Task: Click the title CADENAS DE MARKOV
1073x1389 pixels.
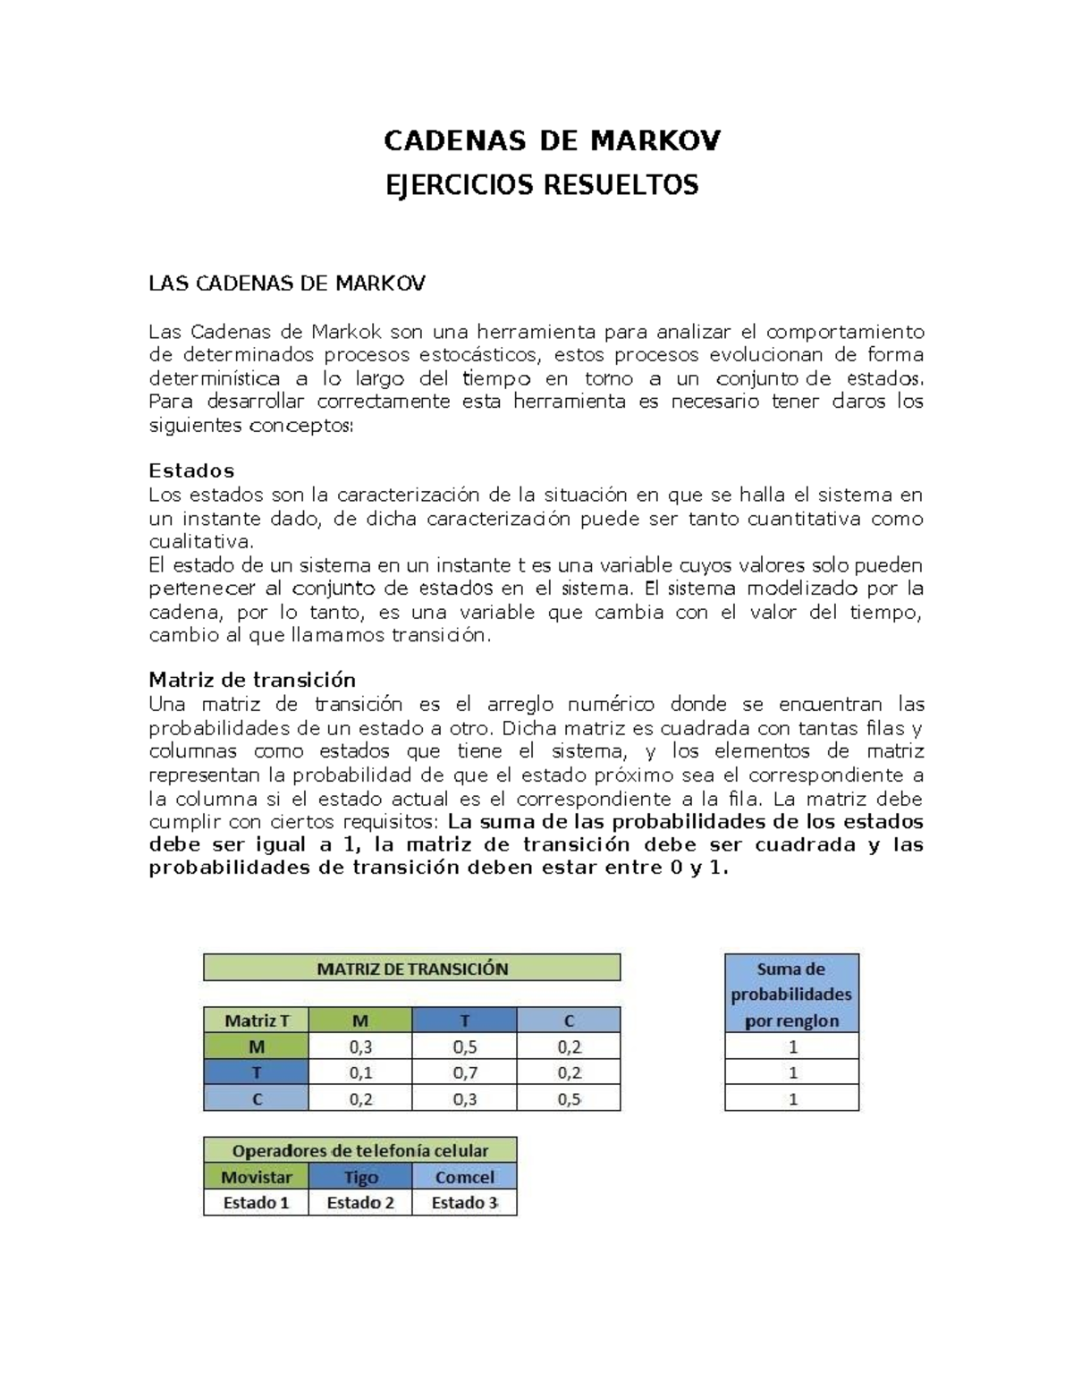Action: coord(552,141)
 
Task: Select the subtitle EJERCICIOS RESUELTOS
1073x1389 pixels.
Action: coord(541,185)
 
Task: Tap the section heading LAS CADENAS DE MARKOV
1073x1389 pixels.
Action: coord(286,284)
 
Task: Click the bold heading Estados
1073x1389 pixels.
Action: coord(191,470)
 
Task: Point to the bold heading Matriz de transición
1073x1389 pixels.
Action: coord(252,680)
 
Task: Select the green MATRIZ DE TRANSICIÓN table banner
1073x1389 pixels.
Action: coord(412,968)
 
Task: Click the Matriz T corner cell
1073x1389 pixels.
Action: coord(256,1021)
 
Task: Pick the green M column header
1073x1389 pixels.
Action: coord(359,1021)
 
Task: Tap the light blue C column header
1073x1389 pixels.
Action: coord(569,1021)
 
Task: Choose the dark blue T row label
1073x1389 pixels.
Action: coord(256,1072)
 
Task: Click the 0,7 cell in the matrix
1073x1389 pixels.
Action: coord(465,1072)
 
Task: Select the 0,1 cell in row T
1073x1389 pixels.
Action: coord(359,1072)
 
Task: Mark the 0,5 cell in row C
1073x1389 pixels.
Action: coord(569,1099)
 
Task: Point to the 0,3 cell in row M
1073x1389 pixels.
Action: coord(359,1046)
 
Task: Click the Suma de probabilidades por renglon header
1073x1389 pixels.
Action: coord(791,994)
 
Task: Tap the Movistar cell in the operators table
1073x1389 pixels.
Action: coord(256,1177)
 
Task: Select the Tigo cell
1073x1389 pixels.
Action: coord(360,1177)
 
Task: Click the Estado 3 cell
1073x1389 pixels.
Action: coord(464,1203)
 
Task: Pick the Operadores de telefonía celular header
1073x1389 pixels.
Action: coord(360,1150)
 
